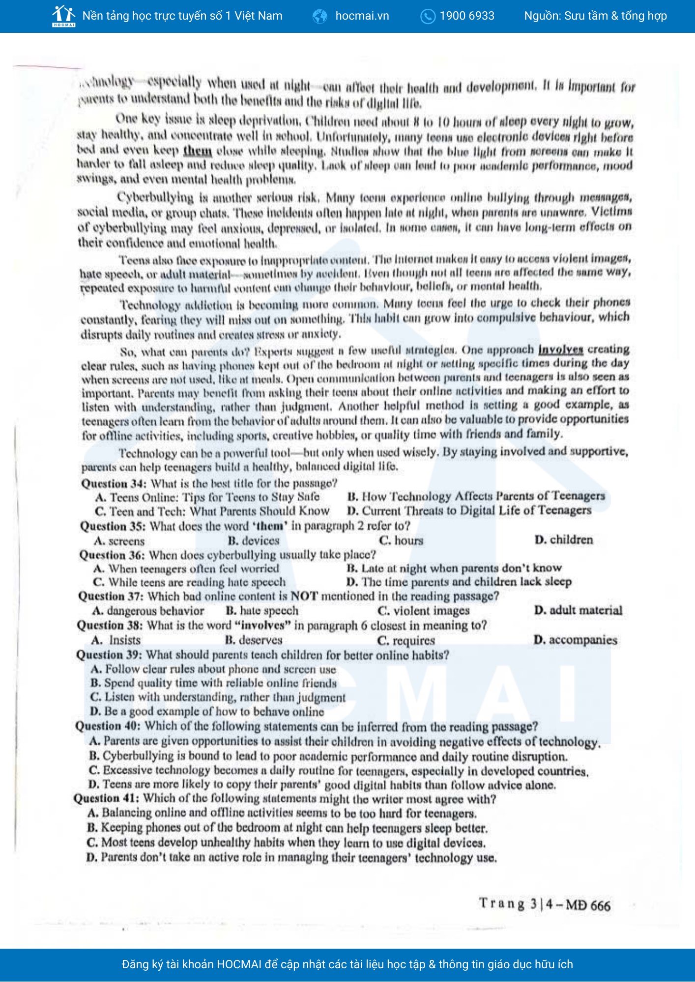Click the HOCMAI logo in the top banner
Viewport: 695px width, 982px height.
64,16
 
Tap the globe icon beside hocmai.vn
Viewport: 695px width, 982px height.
320,16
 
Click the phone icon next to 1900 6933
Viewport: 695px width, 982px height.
428,16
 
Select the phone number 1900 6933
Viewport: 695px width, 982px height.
467,16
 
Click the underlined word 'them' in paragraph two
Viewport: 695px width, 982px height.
198,151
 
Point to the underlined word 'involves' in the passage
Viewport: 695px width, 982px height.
560,350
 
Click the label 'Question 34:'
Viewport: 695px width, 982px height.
114,484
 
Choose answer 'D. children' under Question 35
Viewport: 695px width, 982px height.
564,540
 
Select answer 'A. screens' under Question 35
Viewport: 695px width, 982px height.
119,541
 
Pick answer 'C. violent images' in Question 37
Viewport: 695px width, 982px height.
424,611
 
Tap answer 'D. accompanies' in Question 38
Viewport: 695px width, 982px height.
575,640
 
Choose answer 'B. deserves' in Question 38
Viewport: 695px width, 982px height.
254,640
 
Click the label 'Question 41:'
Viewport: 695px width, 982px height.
107,799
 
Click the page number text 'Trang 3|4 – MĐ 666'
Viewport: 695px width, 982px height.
545,904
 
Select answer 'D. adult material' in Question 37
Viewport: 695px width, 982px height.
578,610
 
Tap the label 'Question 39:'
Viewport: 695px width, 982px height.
109,655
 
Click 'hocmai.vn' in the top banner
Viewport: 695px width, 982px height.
362,16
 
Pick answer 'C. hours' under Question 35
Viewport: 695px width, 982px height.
401,541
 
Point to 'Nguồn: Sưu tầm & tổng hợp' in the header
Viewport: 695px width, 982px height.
595,16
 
